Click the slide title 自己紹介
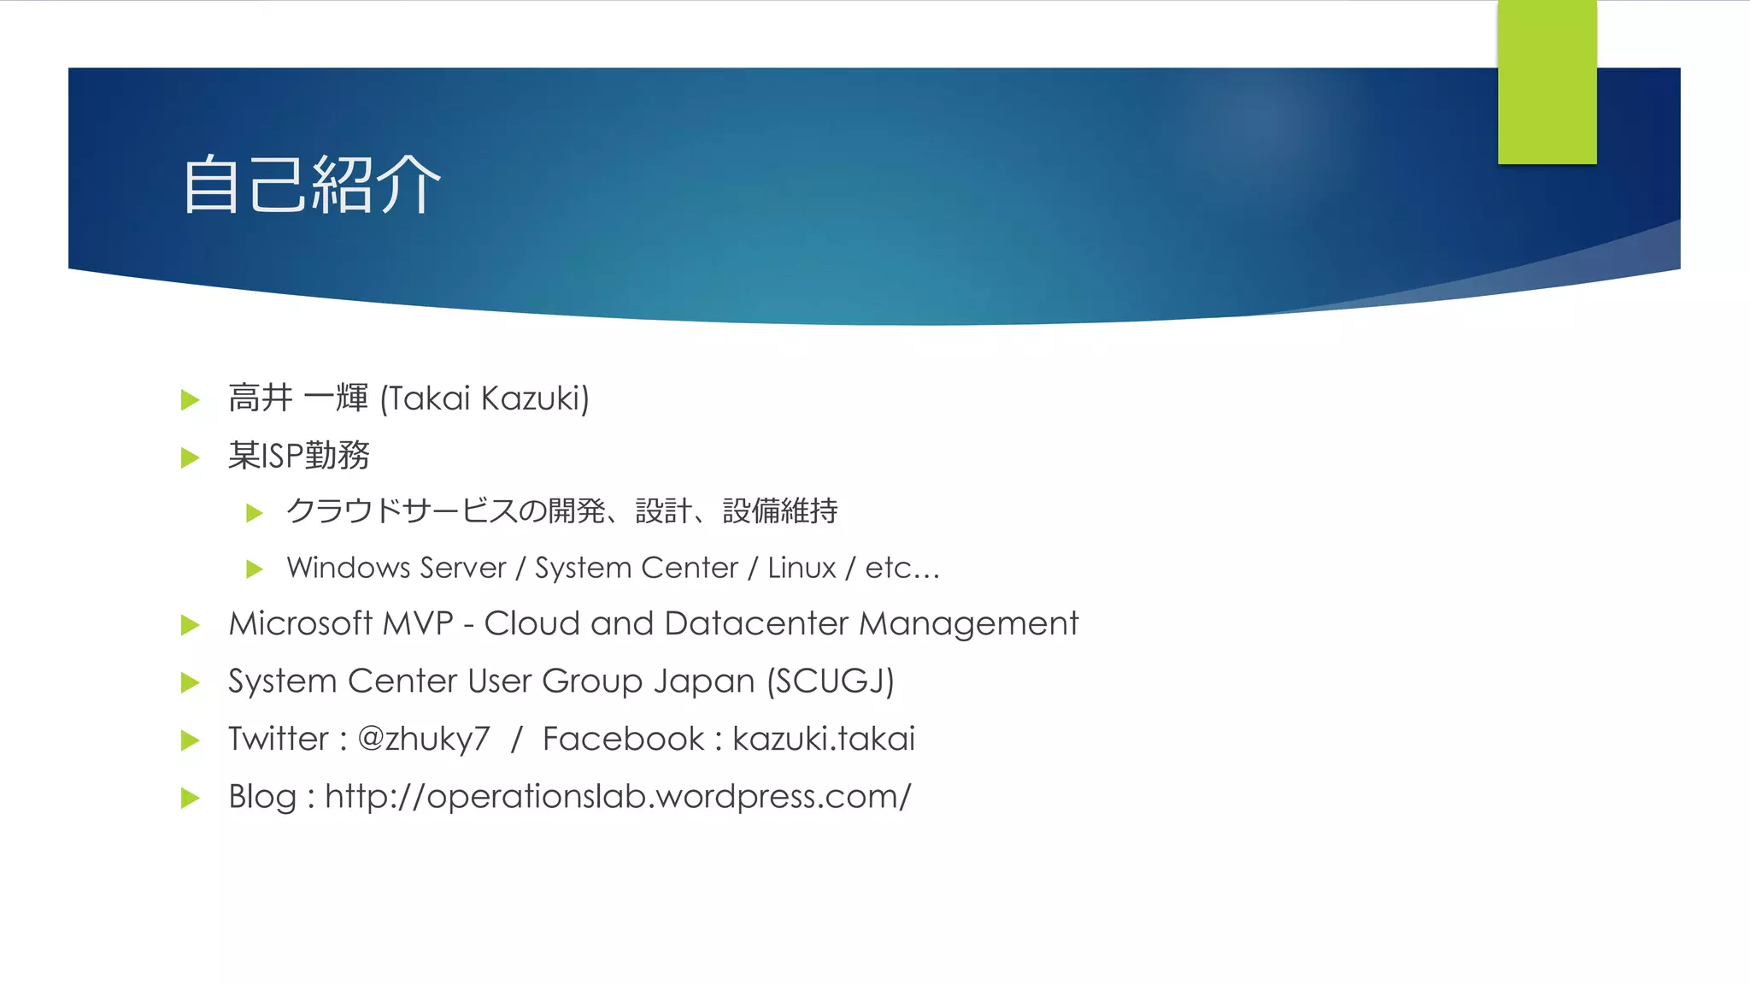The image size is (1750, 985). pyautogui.click(x=311, y=184)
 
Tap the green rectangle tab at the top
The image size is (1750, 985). pyautogui.click(x=1547, y=82)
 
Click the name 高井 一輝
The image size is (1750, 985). pyautogui.click(x=298, y=398)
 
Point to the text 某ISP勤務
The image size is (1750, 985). pyautogui.click(x=299, y=456)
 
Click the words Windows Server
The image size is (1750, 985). pyautogui.click(x=396, y=568)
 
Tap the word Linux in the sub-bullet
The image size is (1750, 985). pyautogui.click(x=802, y=568)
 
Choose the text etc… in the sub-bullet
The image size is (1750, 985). pyautogui.click(x=902, y=568)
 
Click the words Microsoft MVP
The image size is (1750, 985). pyautogui.click(x=341, y=624)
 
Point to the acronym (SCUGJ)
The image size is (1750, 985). pyautogui.click(x=830, y=681)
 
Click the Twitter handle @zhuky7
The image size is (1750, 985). pyautogui.click(x=424, y=740)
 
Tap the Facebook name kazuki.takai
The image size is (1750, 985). pyautogui.click(x=824, y=739)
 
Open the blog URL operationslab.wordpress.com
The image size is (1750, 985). pyautogui.click(x=618, y=797)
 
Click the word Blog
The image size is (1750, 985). pyautogui.click(x=262, y=797)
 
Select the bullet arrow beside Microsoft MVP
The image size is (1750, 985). pyautogui.click(x=191, y=625)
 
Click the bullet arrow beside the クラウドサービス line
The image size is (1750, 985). pyautogui.click(x=254, y=513)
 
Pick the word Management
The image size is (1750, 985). pyautogui.click(x=968, y=624)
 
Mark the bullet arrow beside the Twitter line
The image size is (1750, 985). pyautogui.click(x=191, y=740)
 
